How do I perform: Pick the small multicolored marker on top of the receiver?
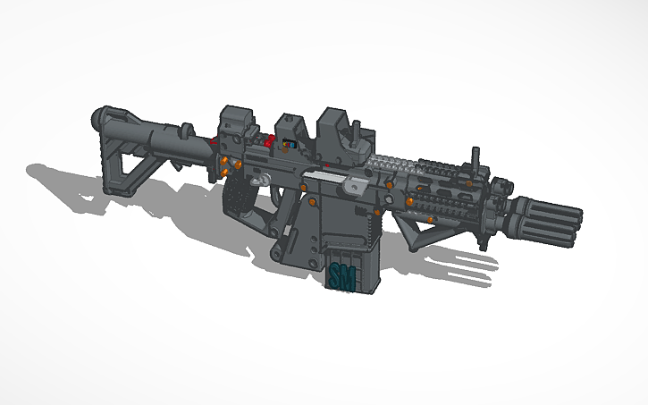[x=285, y=143]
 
